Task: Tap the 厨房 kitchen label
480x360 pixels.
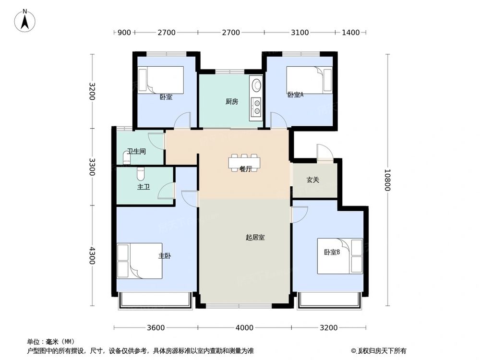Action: pyautogui.click(x=232, y=101)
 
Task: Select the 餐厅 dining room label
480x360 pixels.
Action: pyautogui.click(x=246, y=169)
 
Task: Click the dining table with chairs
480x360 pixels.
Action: pyautogui.click(x=245, y=161)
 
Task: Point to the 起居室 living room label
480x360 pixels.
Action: pyautogui.click(x=255, y=237)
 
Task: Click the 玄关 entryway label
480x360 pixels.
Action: pyautogui.click(x=313, y=180)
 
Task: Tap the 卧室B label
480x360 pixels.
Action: pyautogui.click(x=332, y=252)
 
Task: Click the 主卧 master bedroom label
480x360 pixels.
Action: pyautogui.click(x=165, y=256)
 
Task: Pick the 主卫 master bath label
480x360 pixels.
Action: pyautogui.click(x=144, y=187)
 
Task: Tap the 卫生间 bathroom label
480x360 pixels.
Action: pyautogui.click(x=136, y=151)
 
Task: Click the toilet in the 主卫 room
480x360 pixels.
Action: pyautogui.click(x=140, y=171)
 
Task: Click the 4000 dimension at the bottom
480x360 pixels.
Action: pyautogui.click(x=244, y=328)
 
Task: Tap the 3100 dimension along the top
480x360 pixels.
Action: pyautogui.click(x=300, y=33)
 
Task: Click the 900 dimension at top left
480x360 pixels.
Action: pyautogui.click(x=124, y=33)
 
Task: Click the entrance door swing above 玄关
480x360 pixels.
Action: pyautogui.click(x=324, y=153)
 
